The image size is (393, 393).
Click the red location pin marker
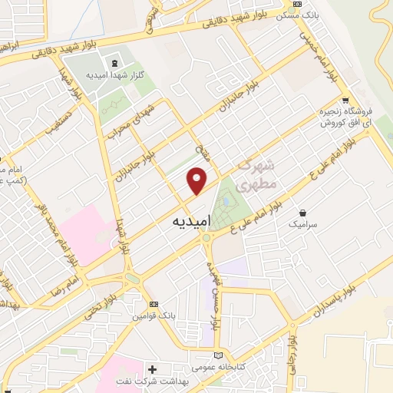click(197, 181)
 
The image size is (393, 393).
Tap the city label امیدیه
click(186, 221)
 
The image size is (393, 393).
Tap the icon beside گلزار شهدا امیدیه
click(114, 61)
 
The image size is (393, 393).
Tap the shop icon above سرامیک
click(305, 213)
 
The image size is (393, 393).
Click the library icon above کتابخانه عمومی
click(220, 355)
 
